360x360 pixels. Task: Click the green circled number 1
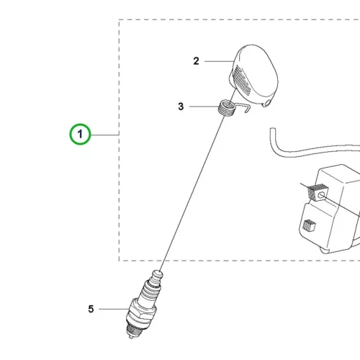(x=80, y=134)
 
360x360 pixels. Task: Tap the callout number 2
(x=196, y=61)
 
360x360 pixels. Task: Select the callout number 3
(x=181, y=107)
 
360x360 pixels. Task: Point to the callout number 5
(x=91, y=309)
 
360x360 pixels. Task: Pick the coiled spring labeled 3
(x=226, y=108)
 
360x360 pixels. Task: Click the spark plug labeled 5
(x=143, y=304)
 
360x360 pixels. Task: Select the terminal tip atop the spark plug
(x=158, y=274)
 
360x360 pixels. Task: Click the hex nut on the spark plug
(x=142, y=312)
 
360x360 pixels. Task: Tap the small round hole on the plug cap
(x=267, y=103)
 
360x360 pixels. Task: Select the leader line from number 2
(x=219, y=61)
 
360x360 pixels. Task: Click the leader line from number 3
(x=204, y=107)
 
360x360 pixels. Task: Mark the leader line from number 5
(x=113, y=309)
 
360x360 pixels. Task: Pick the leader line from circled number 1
(x=105, y=135)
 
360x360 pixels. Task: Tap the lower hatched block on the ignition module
(x=309, y=225)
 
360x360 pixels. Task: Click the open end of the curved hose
(x=272, y=130)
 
